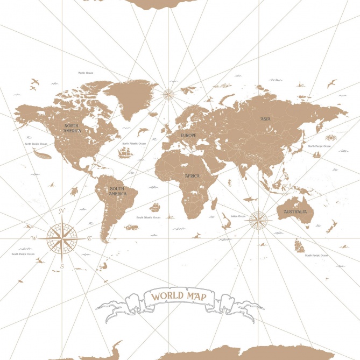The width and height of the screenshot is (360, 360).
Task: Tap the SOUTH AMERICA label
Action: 117,191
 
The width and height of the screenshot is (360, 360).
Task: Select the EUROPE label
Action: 188,135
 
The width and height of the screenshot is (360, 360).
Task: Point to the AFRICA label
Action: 192,176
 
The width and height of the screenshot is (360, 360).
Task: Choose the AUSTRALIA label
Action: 295,212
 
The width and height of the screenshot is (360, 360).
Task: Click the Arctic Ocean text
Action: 86,72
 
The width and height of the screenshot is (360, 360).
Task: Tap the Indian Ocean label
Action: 238,216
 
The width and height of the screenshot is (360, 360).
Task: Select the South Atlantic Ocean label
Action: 148,217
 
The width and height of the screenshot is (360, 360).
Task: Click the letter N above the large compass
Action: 62,211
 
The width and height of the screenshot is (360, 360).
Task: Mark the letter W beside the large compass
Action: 33,238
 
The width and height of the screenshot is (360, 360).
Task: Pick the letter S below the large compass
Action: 62,266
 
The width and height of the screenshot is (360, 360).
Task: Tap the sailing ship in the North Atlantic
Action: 125,153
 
